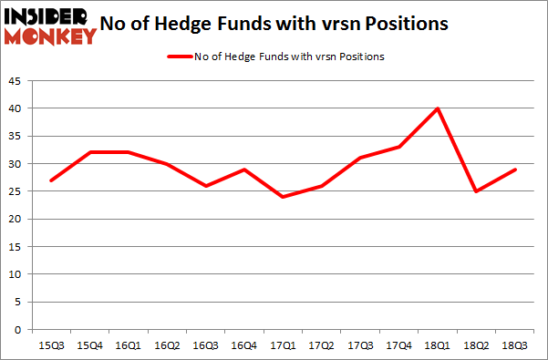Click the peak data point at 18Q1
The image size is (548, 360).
click(x=438, y=108)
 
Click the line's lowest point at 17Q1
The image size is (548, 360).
click(x=284, y=197)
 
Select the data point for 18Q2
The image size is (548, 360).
click(x=477, y=191)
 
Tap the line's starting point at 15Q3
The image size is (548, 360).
click(x=52, y=180)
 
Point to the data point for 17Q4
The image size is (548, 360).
click(x=399, y=147)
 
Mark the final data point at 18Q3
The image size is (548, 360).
click(x=515, y=170)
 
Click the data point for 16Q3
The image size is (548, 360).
click(x=206, y=186)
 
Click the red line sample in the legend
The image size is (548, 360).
click(x=178, y=57)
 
